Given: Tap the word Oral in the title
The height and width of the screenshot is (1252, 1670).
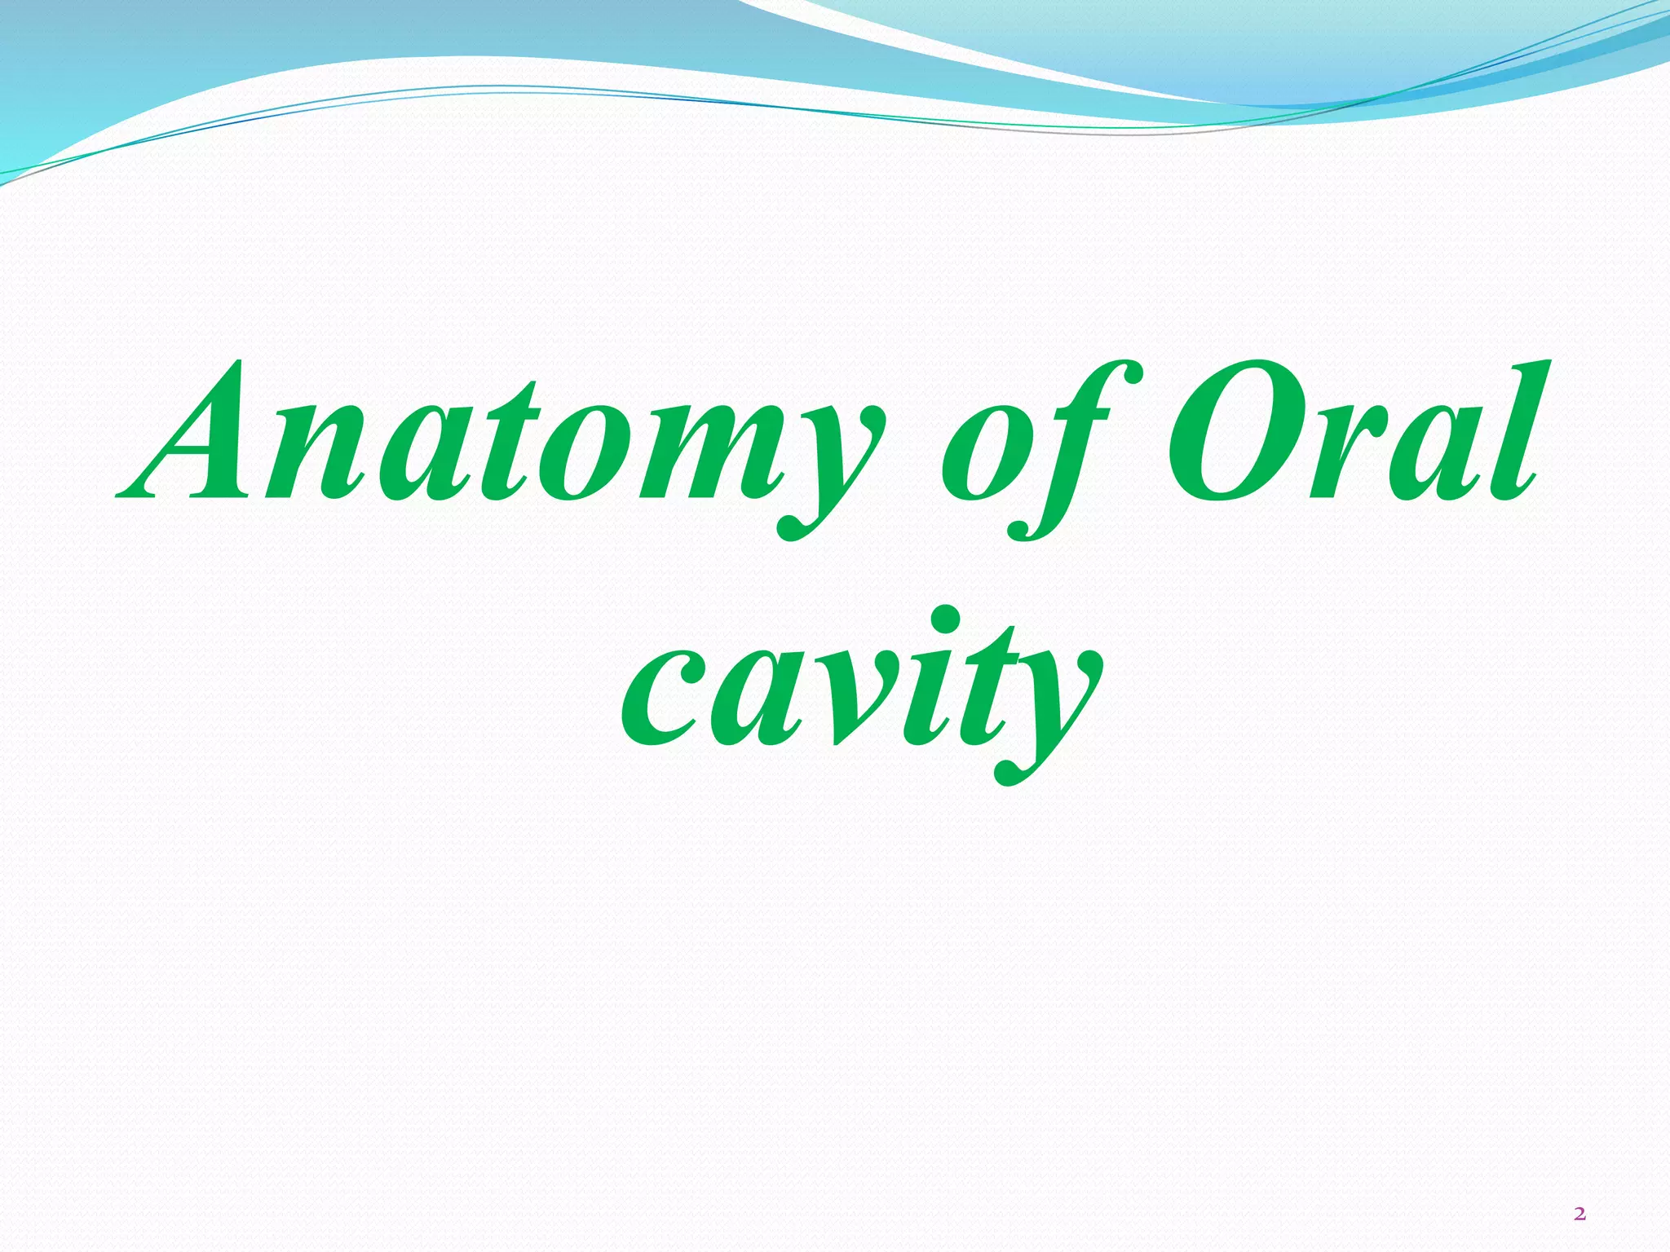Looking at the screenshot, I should (1354, 432).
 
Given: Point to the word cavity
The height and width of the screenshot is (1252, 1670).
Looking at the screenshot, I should (860, 693).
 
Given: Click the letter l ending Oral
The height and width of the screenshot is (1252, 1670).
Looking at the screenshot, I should (1517, 432).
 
